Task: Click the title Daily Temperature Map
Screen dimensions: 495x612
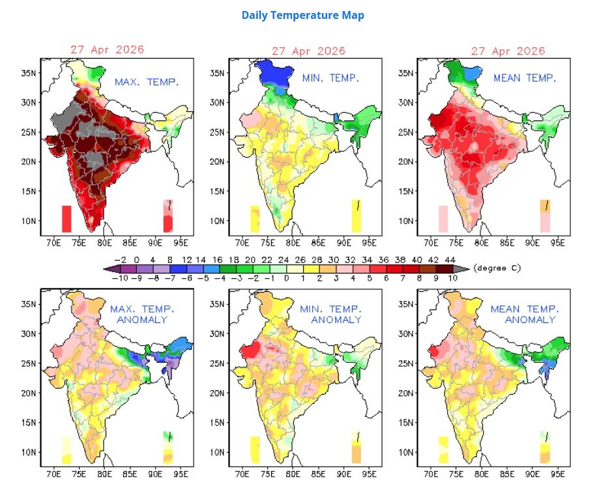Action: pyautogui.click(x=302, y=15)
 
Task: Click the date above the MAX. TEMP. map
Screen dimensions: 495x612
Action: pyautogui.click(x=107, y=49)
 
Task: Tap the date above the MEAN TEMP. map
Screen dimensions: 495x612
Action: pyautogui.click(x=508, y=51)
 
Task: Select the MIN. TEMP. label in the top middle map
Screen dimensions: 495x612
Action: pyautogui.click(x=330, y=78)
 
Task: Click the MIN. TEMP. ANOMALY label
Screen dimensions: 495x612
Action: pyautogui.click(x=330, y=315)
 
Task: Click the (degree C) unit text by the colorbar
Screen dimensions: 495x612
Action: pyautogui.click(x=497, y=268)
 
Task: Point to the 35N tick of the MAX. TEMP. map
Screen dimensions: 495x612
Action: pyautogui.click(x=28, y=73)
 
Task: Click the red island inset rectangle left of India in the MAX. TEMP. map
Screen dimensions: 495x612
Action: pyautogui.click(x=66, y=218)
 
